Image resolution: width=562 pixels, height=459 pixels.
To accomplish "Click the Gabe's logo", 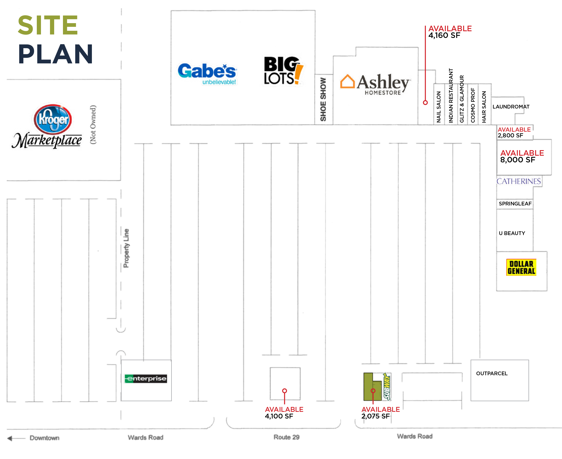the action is (x=207, y=74).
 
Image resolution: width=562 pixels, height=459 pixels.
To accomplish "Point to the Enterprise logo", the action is (x=146, y=378).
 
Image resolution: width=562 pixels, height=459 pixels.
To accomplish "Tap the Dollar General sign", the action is (x=521, y=267).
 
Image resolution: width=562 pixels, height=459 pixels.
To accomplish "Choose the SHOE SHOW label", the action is (x=323, y=99).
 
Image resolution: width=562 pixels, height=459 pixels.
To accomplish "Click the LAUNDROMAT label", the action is (x=511, y=107).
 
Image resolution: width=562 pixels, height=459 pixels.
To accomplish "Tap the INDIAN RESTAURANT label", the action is (x=451, y=96).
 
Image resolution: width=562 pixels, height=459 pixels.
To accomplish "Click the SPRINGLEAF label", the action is (x=515, y=204).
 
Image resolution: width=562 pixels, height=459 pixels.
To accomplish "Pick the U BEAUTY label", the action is (x=512, y=233).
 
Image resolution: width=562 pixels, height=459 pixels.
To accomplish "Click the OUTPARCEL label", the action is (x=492, y=373).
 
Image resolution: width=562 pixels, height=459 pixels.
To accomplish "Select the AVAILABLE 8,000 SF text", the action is (x=522, y=156).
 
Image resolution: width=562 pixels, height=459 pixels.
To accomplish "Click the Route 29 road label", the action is (x=286, y=437).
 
